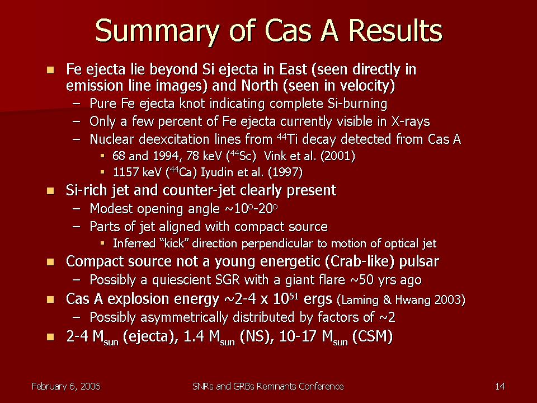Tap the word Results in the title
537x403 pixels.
click(396, 30)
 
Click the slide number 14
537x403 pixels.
click(500, 387)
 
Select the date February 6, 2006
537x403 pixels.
click(66, 387)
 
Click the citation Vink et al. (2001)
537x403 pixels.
click(309, 156)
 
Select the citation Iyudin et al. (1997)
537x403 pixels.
click(251, 172)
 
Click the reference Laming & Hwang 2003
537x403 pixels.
click(401, 300)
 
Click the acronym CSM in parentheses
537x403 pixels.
click(373, 337)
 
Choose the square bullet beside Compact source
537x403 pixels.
click(50, 262)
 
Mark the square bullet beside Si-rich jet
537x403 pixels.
click(50, 191)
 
